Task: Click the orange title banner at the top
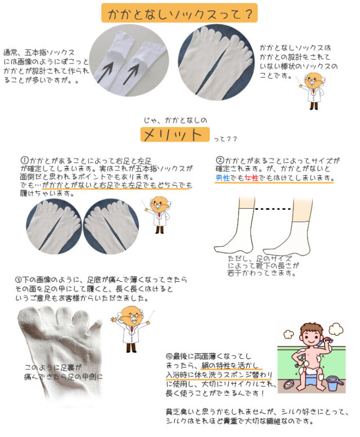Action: click(179, 13)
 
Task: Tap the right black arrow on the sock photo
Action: click(135, 72)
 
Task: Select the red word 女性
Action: click(251, 178)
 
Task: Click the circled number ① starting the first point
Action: click(24, 160)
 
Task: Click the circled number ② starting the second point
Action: click(220, 160)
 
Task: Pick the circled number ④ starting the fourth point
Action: click(169, 356)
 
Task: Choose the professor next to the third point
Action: click(130, 330)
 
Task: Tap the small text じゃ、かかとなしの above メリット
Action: click(175, 120)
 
